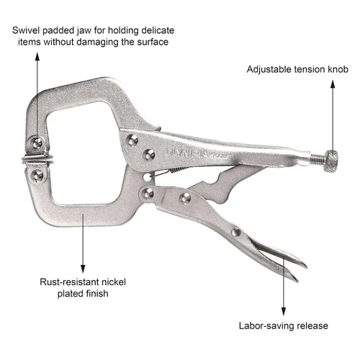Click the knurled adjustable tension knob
click(331, 161)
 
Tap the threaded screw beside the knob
click(317, 160)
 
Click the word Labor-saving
click(266, 325)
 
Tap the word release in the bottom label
click(312, 326)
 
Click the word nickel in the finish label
click(114, 282)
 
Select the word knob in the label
click(338, 69)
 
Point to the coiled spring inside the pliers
click(178, 171)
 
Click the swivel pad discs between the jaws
click(37, 159)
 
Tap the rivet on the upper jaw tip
click(37, 144)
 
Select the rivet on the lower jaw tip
click(38, 176)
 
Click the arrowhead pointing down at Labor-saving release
click(284, 312)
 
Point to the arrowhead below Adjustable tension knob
click(333, 84)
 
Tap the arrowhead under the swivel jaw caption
click(37, 56)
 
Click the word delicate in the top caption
click(158, 30)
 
